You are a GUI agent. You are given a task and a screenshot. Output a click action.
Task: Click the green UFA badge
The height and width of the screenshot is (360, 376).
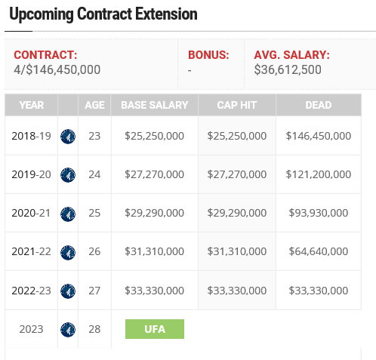155,329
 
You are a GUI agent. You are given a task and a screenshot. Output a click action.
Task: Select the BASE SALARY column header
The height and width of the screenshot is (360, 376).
155,105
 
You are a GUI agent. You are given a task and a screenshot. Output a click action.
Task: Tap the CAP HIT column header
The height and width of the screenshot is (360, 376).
237,105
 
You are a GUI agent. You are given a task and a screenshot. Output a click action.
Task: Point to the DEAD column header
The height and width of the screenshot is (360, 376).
319,105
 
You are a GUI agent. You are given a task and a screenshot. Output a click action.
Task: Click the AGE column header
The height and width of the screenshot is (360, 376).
94,105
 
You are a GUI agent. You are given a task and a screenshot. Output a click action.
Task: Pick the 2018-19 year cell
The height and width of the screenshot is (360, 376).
31,136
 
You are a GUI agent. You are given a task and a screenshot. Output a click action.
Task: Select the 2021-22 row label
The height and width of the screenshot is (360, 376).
31,251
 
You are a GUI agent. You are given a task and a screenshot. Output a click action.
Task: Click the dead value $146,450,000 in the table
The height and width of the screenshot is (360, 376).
319,136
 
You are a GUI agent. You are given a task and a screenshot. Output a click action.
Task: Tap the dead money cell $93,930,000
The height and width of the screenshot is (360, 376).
319,213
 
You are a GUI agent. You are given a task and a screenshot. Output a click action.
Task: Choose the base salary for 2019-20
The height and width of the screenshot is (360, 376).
155,174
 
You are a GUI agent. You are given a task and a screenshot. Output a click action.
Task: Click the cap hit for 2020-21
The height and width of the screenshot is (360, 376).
237,213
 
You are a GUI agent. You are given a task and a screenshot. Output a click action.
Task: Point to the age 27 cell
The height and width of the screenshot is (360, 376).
94,291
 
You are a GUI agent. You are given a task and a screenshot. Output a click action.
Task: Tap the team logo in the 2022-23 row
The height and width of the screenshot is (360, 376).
68,291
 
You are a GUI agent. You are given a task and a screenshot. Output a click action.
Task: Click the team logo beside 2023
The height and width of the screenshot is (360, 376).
68,330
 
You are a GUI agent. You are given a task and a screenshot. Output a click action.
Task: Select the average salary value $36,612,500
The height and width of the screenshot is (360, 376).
288,69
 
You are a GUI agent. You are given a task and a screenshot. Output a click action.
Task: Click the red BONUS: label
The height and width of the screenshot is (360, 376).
208,55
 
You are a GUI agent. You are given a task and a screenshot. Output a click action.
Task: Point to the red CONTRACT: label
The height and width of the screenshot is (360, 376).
45,55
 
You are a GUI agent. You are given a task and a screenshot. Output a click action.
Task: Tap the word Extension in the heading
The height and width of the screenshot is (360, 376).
166,14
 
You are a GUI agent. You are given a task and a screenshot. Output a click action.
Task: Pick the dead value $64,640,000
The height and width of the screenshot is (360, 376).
319,251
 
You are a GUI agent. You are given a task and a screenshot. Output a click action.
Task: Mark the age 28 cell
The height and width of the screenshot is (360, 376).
94,329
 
